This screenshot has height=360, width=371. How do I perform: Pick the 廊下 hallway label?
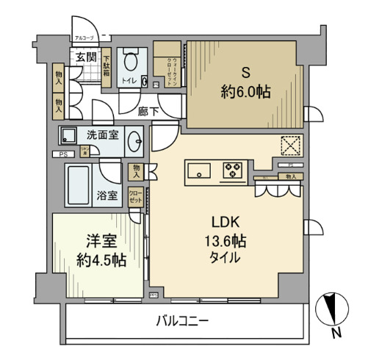coord(149,112)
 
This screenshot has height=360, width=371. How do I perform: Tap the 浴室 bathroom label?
coord(107,195)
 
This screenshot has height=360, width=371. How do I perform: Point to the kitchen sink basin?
coord(199,172)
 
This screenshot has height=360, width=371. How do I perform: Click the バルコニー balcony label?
coord(182,320)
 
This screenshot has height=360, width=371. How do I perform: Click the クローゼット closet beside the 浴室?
coord(135,195)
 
